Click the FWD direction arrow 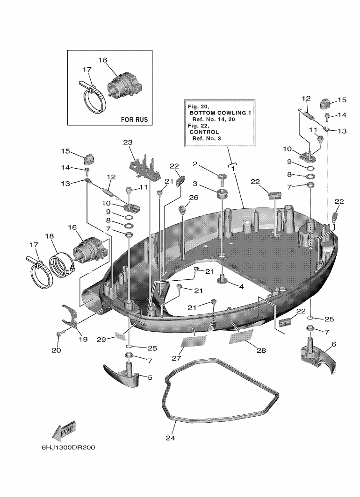[64, 431]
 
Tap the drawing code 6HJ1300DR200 [68, 447]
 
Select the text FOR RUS [135, 120]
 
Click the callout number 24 [170, 438]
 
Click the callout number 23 [128, 142]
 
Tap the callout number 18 [49, 236]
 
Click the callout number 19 [83, 339]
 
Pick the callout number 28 [261, 350]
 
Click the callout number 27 [176, 358]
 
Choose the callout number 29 [101, 340]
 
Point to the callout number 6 [333, 344]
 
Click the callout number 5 [150, 377]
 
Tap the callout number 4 [241, 286]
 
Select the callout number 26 [194, 198]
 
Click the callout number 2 [195, 164]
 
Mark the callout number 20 [56, 350]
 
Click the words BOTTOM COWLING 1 [220, 113]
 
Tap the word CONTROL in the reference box [204, 132]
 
